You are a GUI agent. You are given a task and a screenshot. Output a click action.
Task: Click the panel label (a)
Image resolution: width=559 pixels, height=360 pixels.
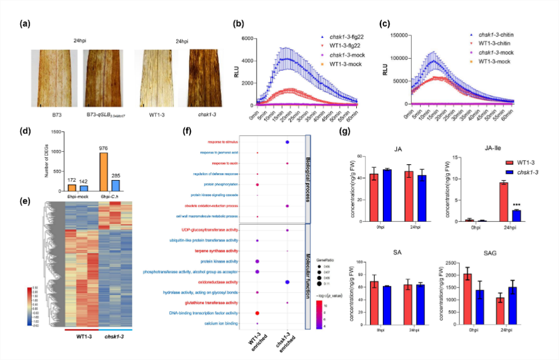click(24, 24)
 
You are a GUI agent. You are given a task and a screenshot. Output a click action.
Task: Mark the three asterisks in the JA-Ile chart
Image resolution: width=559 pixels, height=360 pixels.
click(516, 206)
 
